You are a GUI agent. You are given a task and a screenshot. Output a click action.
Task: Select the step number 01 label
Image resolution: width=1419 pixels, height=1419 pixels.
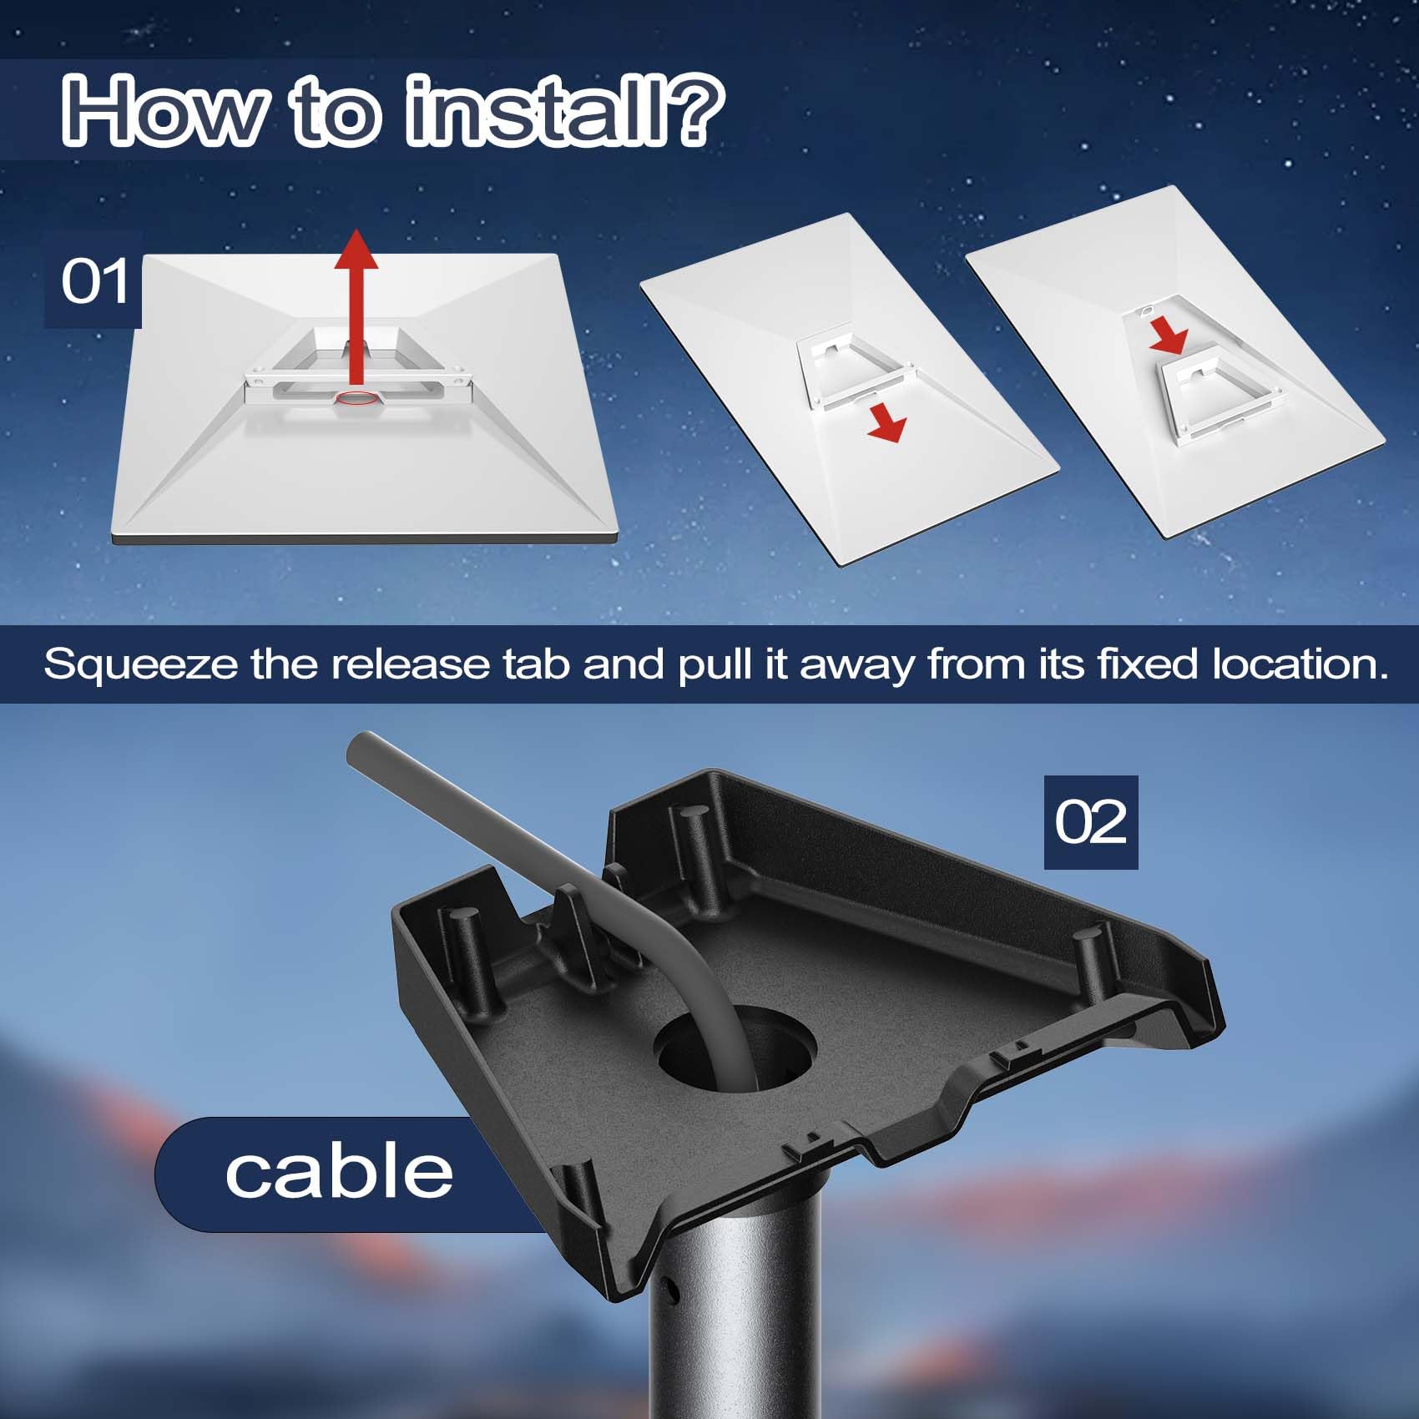93,282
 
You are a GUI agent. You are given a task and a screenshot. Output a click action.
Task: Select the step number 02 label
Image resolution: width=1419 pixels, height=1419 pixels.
1090,822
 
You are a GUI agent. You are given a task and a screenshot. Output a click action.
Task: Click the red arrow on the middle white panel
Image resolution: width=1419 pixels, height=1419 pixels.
887,425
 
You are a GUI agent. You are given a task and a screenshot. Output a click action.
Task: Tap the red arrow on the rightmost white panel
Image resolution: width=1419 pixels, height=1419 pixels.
1169,336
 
